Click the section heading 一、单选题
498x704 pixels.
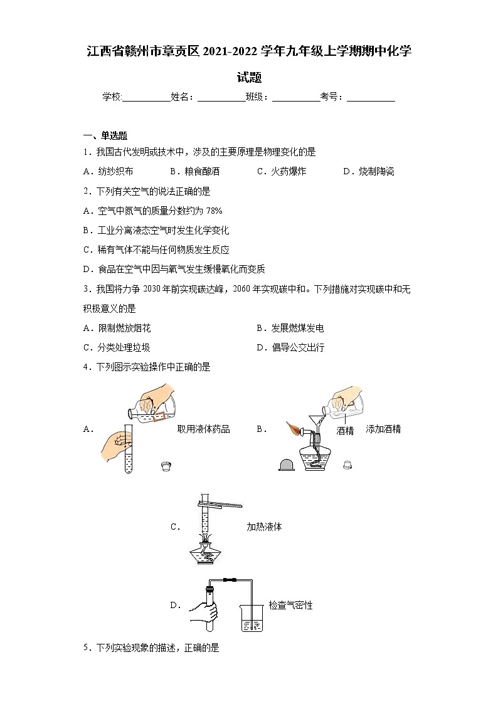[105, 135]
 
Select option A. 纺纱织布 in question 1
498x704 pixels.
[108, 171]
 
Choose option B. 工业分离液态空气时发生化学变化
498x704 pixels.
[156, 230]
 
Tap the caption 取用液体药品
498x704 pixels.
[203, 429]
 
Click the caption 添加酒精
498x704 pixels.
[383, 429]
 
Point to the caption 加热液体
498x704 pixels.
[264, 527]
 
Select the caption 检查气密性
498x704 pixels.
[290, 605]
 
